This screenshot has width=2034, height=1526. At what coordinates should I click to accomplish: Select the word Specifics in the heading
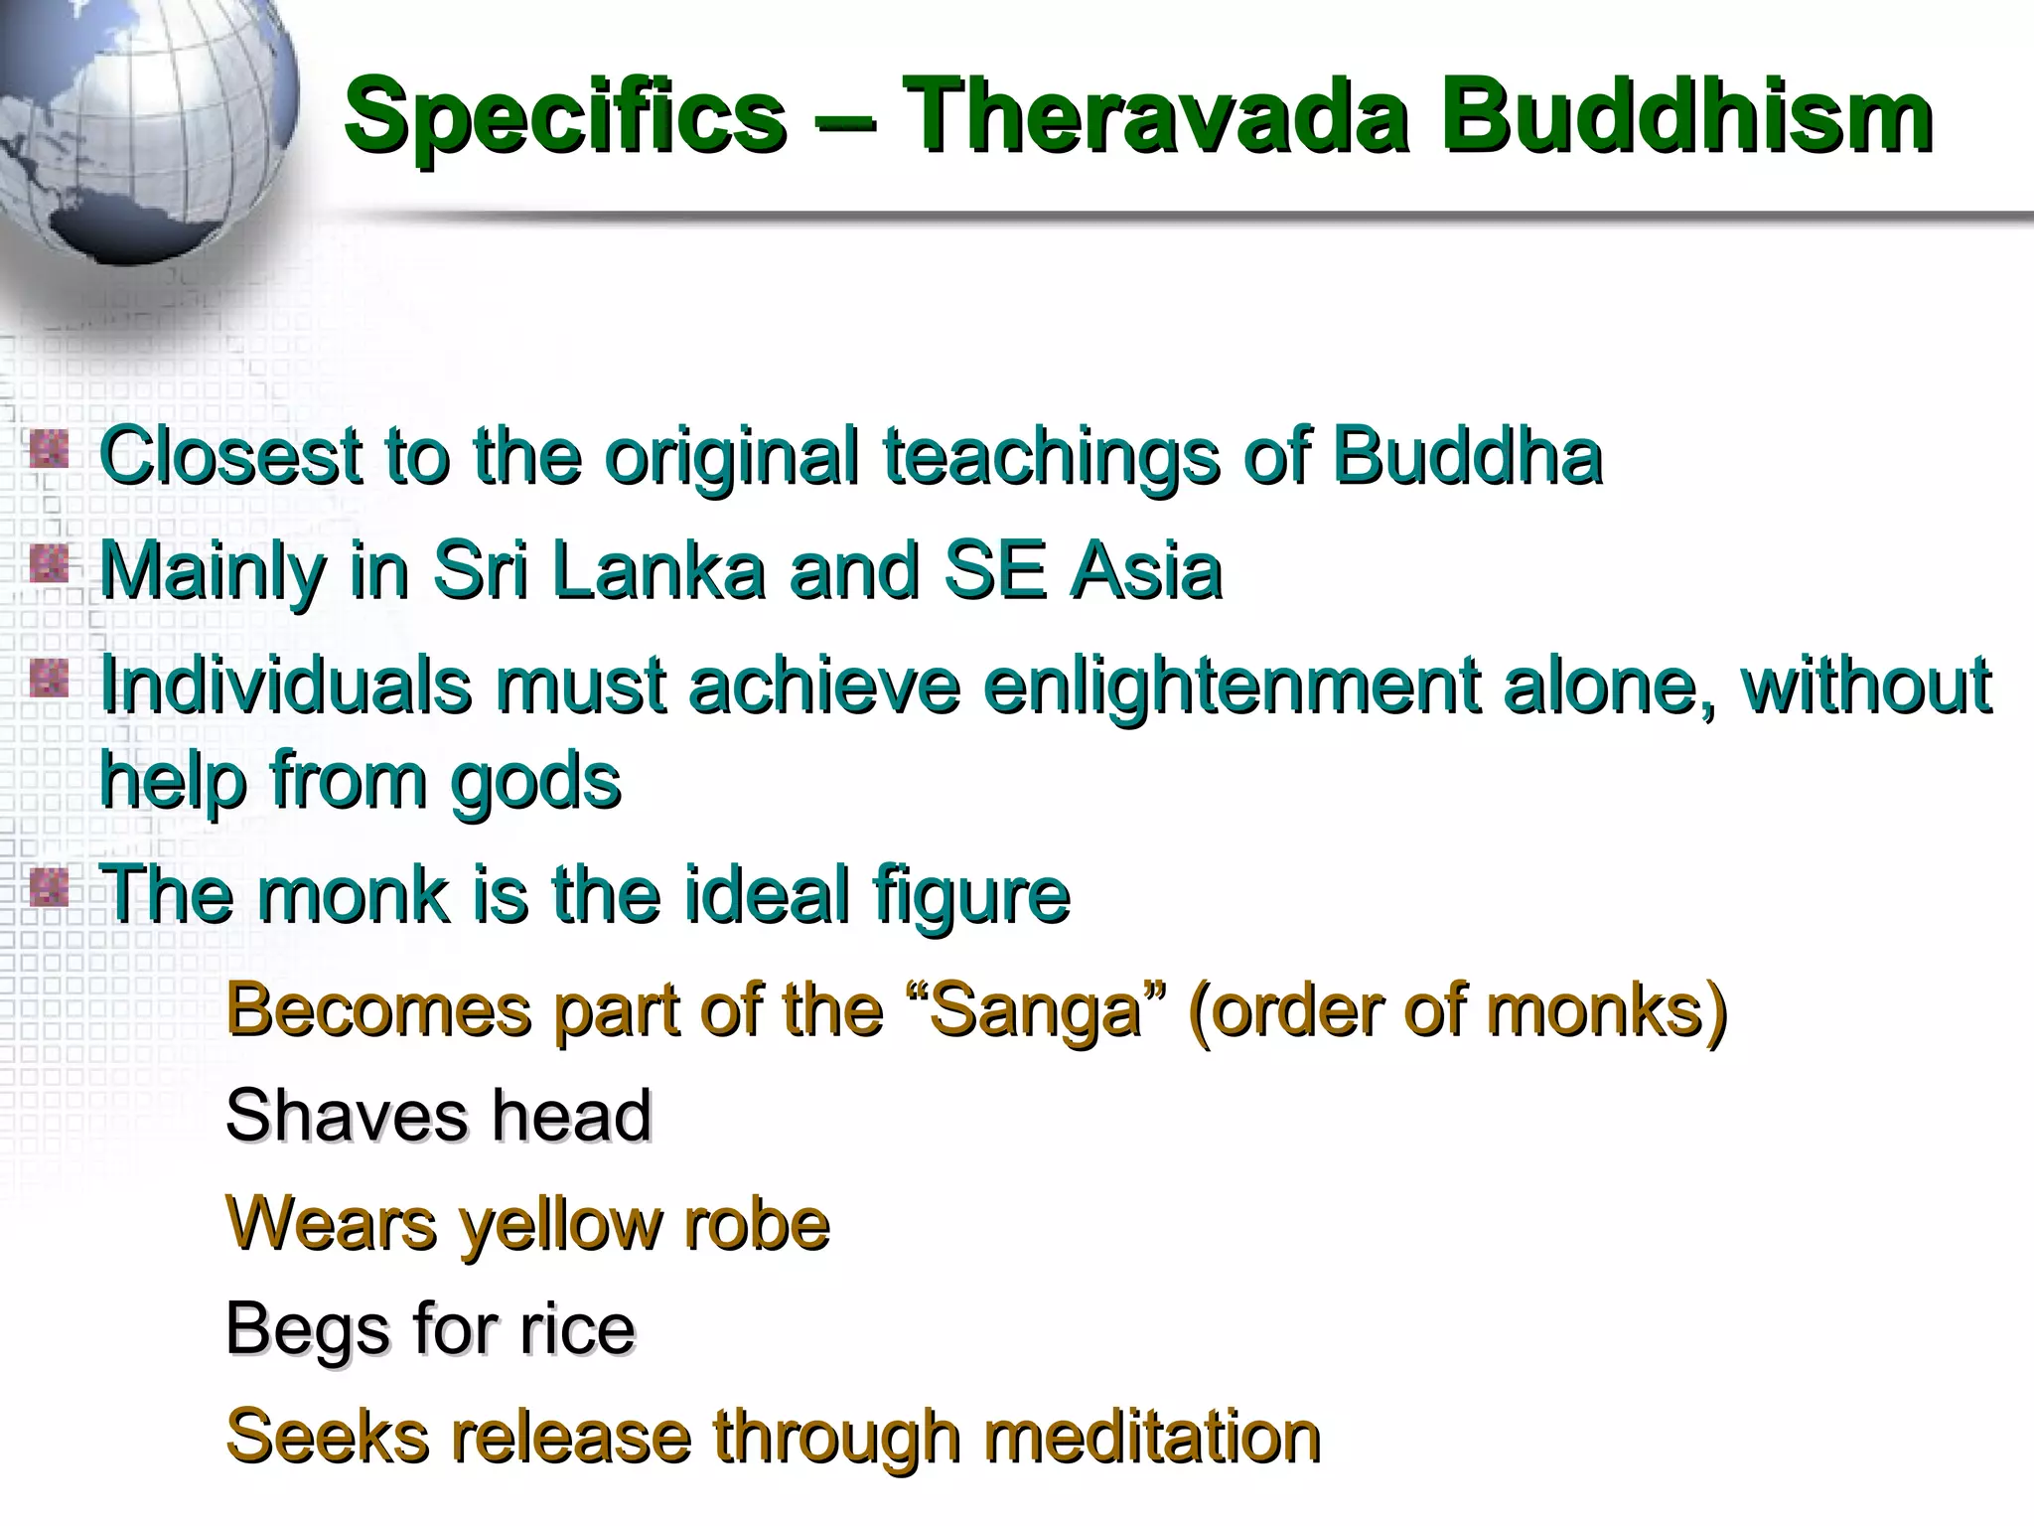565,119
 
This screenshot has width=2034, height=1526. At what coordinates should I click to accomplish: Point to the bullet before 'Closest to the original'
49,450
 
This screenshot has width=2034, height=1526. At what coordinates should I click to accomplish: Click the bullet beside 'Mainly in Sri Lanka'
49,565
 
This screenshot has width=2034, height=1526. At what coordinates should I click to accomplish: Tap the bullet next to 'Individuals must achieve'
49,680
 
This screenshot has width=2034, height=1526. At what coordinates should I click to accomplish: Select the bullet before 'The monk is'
49,887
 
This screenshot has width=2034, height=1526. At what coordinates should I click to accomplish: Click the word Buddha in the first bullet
1467,457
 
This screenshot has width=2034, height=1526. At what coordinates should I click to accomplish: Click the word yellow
559,1225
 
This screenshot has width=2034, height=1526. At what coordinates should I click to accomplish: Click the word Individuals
286,686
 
